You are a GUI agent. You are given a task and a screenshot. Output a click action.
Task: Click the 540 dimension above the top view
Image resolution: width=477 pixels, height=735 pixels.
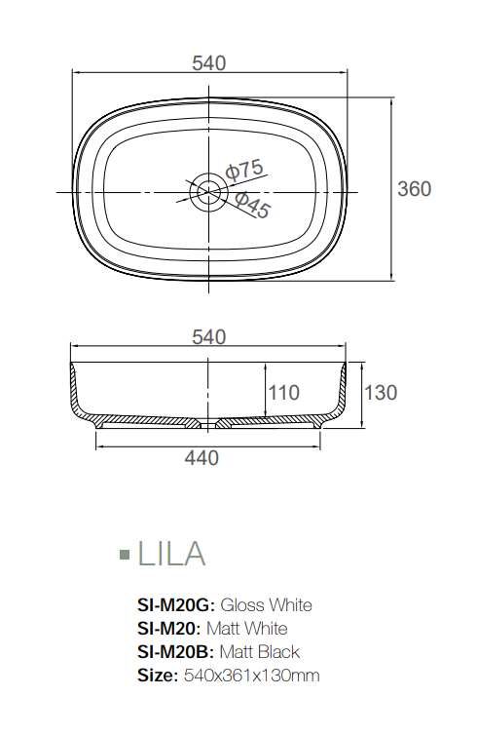[209, 63]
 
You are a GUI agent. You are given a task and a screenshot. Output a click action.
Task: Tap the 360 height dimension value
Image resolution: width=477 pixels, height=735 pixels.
[414, 189]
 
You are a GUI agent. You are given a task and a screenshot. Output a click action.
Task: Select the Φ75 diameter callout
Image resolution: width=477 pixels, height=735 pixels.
[244, 170]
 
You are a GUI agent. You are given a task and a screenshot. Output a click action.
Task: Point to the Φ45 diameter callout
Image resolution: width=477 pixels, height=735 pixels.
[252, 204]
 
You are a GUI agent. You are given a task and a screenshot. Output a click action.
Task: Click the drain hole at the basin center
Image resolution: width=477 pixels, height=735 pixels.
[208, 190]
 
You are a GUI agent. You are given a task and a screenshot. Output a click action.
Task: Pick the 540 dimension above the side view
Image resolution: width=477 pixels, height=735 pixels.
[209, 337]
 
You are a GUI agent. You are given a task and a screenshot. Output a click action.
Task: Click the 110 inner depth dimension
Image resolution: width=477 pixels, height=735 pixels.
[283, 393]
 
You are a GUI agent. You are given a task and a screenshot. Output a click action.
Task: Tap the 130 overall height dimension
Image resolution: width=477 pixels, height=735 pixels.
[381, 393]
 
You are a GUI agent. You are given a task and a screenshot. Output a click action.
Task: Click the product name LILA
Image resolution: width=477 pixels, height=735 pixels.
[171, 554]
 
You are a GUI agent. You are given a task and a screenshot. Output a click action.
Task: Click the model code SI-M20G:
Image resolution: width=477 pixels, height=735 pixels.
[177, 605]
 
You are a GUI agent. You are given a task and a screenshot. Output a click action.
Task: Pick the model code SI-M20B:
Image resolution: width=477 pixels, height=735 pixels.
[176, 651]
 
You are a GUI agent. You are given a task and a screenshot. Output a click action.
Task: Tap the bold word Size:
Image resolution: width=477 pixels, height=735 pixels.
[157, 675]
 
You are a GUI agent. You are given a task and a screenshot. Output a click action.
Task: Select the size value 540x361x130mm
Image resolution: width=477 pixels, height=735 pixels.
[251, 675]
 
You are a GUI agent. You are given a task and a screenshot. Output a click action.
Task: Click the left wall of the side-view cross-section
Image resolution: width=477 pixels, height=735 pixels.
[76, 395]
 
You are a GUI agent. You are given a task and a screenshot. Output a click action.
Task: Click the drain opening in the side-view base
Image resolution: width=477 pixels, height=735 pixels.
[208, 424]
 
